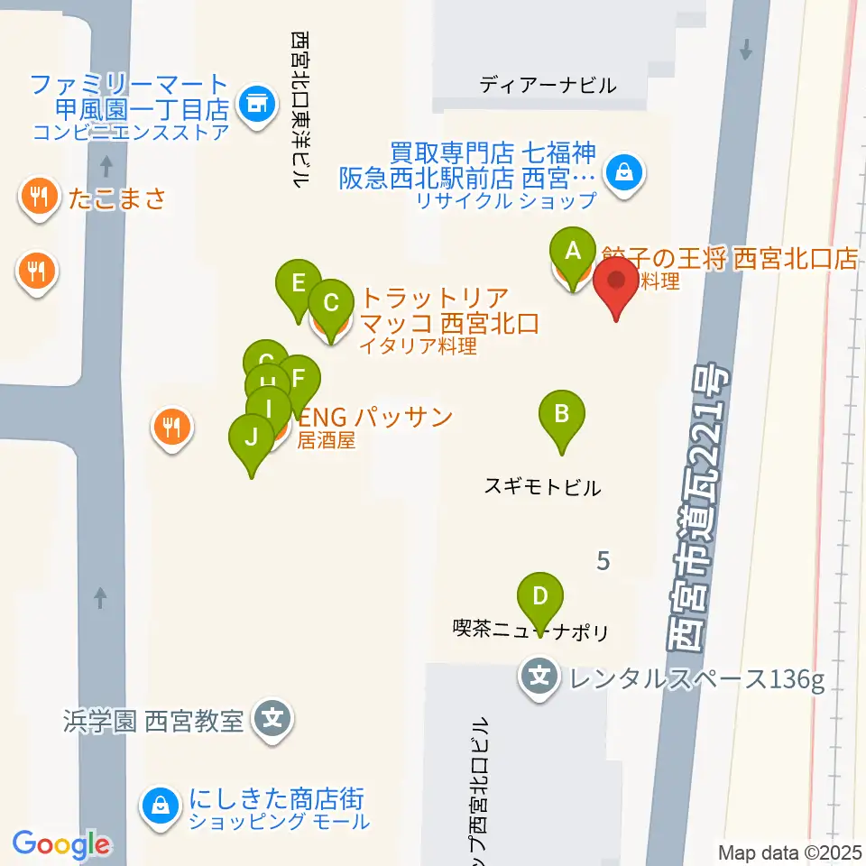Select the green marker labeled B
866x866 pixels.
(x=561, y=416)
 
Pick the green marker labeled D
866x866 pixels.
(x=540, y=597)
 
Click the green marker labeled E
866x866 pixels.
(x=299, y=284)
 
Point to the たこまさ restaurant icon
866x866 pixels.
(x=37, y=198)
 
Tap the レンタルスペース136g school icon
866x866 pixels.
(x=539, y=674)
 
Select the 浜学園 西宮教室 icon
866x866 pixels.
(x=273, y=721)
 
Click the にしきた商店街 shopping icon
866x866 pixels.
(x=161, y=805)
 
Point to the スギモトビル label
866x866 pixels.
(x=542, y=488)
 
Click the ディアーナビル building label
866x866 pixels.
(x=548, y=86)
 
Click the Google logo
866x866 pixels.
(x=61, y=844)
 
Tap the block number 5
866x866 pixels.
(x=603, y=561)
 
